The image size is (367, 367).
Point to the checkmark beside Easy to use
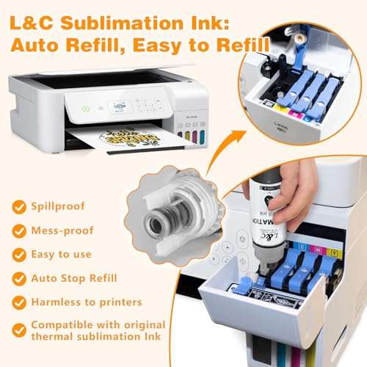(x=18, y=255)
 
